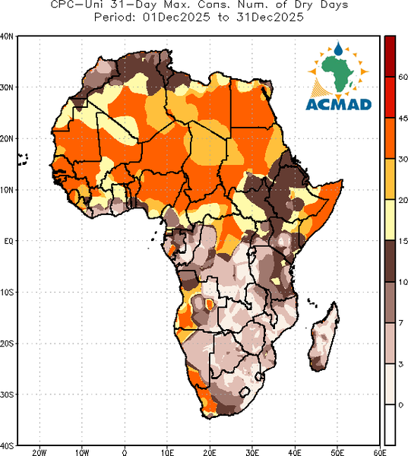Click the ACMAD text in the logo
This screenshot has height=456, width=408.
point(339,104)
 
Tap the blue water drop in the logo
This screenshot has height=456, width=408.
point(338,49)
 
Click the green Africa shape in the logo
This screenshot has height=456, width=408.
point(337,73)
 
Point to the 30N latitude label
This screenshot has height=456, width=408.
point(7,87)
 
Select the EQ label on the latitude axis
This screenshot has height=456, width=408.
point(8,241)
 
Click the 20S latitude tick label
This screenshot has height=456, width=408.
point(7,344)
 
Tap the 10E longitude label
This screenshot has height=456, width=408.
point(167,452)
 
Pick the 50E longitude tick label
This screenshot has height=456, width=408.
point(337,452)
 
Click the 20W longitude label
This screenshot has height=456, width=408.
point(40,452)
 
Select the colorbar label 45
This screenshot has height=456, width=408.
point(403,118)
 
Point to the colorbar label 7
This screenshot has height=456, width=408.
point(401,323)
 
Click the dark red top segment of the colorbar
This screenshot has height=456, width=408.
point(390,56)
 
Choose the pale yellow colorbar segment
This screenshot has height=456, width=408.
point(390,220)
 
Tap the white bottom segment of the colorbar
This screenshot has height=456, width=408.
point(390,425)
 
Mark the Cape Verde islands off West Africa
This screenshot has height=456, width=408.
point(23,160)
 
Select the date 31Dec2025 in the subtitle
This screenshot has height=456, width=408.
point(270,17)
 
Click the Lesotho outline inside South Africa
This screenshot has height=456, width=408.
point(245,392)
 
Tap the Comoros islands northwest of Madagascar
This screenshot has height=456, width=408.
point(312,302)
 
